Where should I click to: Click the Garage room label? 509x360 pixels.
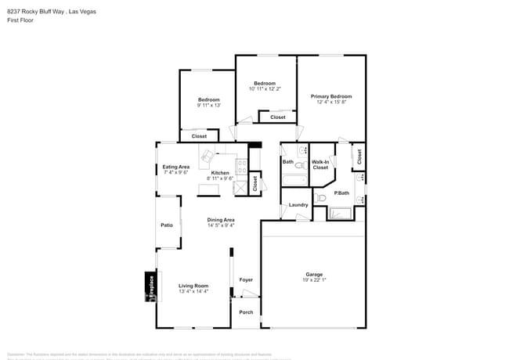(x=314, y=274)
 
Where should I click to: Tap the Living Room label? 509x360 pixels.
(x=193, y=286)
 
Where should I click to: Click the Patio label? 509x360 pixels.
(x=167, y=225)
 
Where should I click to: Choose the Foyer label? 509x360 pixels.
(x=246, y=279)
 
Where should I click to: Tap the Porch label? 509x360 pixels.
(x=246, y=312)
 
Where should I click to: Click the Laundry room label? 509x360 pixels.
(x=298, y=205)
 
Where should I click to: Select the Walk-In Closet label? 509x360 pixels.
(x=320, y=164)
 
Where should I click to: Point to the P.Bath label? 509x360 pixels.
(x=341, y=193)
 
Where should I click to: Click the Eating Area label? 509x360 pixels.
(x=176, y=167)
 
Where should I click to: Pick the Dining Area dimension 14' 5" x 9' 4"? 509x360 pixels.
(x=221, y=225)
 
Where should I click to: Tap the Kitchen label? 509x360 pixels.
(x=220, y=172)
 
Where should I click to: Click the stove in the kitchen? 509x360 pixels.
(x=242, y=166)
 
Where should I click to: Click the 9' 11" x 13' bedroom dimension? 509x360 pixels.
(x=209, y=105)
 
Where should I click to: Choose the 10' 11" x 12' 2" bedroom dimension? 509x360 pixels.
(x=265, y=88)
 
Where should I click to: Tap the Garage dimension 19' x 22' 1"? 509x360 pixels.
(x=314, y=279)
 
